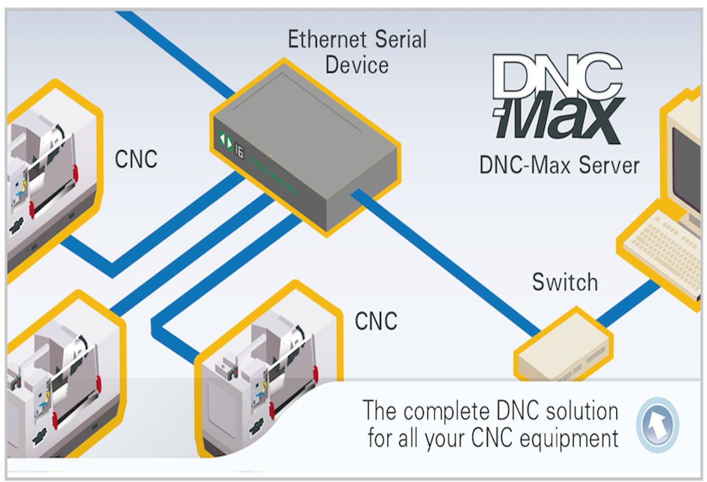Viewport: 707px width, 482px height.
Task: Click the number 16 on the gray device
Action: coord(239,149)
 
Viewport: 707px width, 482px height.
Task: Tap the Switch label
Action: coord(565,282)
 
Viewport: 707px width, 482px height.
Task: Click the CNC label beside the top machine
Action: coord(136,159)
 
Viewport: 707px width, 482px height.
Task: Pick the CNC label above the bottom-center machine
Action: coord(376,321)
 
